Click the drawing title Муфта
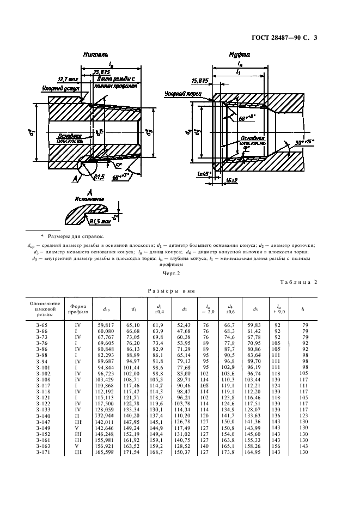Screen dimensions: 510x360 [x=240, y=55]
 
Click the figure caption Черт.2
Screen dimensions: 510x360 [x=172, y=272]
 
